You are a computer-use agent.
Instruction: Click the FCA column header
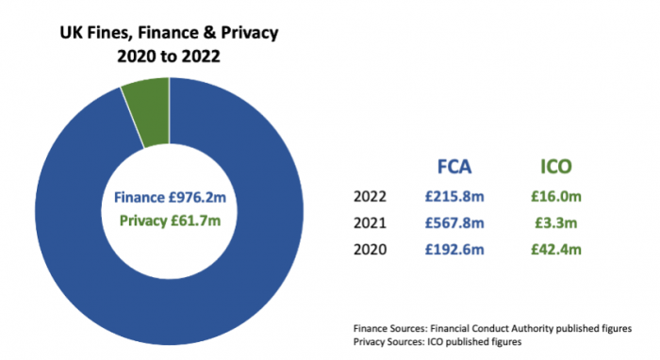coord(454,167)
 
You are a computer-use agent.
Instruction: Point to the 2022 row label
coord(370,198)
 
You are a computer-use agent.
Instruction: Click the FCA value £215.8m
coord(454,198)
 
